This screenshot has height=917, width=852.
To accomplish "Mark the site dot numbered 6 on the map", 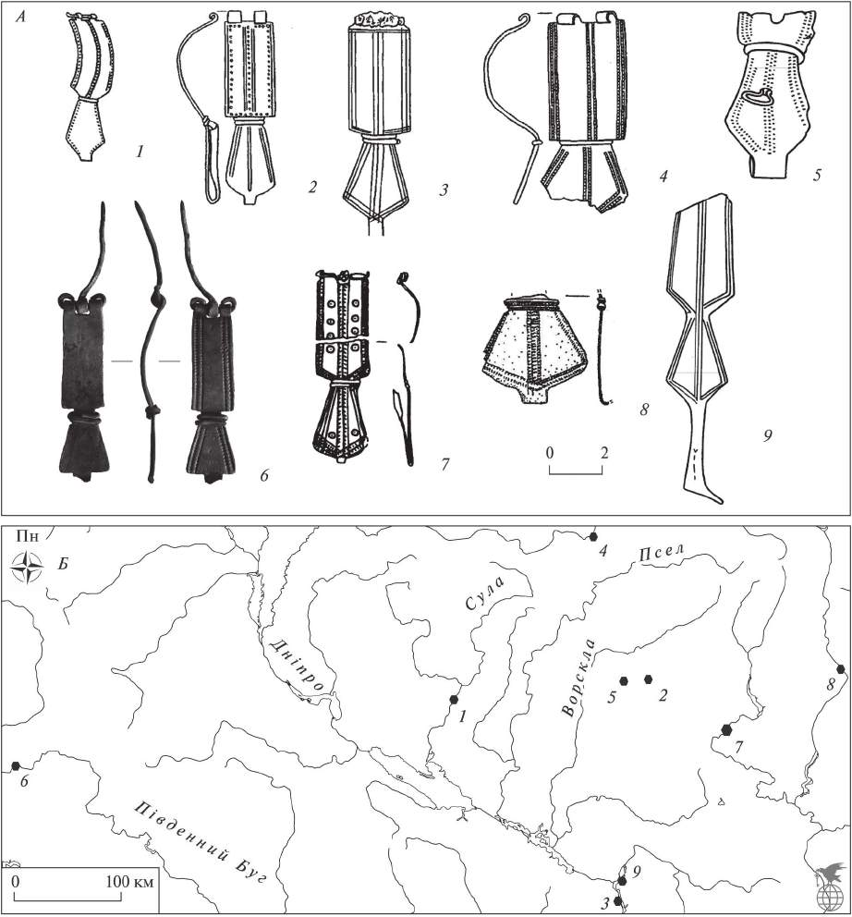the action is tap(16, 765).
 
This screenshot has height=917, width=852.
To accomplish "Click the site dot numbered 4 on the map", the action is tap(593, 536).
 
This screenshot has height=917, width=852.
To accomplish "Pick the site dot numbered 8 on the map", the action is tap(840, 668).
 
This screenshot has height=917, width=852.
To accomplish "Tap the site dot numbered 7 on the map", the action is tap(726, 728).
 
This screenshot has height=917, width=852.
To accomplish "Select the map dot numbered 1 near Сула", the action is tap(454, 699).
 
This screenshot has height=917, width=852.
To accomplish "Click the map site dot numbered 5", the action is tap(625, 680).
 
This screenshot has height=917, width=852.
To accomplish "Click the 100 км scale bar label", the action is tap(129, 881).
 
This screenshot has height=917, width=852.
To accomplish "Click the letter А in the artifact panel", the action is tap(20, 18).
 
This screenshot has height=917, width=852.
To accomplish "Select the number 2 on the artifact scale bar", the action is tap(603, 453).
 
